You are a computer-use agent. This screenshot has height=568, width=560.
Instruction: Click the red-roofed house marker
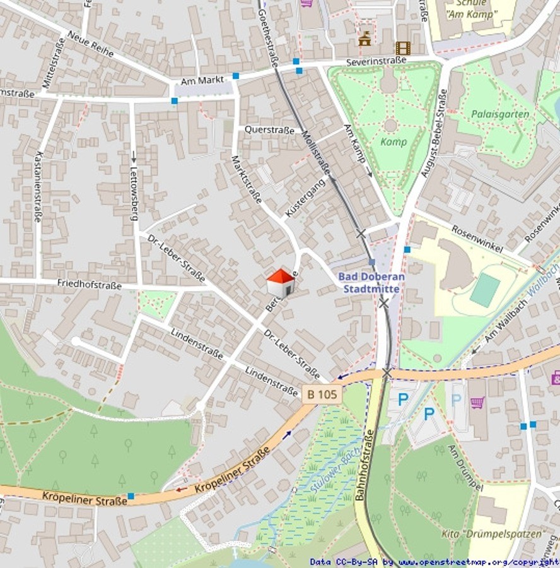pyautogui.click(x=281, y=282)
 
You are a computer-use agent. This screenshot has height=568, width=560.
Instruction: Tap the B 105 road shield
pyautogui.click(x=321, y=394)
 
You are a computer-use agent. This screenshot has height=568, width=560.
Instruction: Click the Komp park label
pyautogui.click(x=394, y=142)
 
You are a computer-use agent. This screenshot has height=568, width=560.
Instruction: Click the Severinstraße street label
pyautogui.click(x=376, y=62)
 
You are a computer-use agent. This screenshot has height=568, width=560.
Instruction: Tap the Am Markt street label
pyautogui.click(x=202, y=81)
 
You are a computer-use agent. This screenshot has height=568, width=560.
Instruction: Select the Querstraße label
pyautogui.click(x=269, y=130)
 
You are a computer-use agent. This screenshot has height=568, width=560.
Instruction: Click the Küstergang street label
pyautogui.click(x=305, y=198)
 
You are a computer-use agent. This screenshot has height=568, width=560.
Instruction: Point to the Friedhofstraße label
pyautogui.click(x=89, y=285)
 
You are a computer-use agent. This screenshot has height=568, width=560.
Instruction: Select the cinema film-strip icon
pyautogui.click(x=402, y=48)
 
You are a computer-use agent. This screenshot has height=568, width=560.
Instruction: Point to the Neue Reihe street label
pyautogui.click(x=90, y=44)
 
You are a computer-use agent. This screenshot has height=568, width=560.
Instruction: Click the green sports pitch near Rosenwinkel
pyautogui.click(x=484, y=290)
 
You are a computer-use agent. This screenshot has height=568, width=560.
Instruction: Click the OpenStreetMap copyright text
pyautogui.click(x=434, y=562)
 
